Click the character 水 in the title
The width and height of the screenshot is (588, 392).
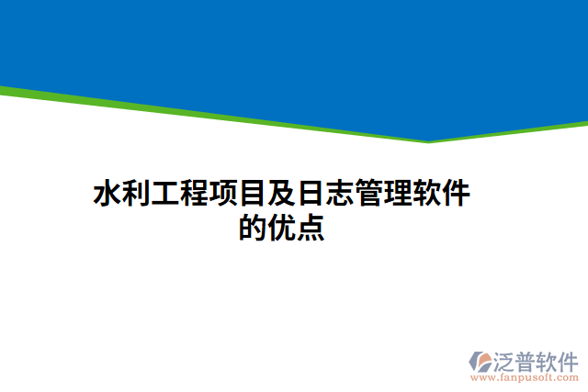(107, 195)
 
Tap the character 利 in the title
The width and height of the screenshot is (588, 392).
(136, 195)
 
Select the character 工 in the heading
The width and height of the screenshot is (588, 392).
(165, 195)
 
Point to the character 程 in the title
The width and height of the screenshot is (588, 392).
(195, 195)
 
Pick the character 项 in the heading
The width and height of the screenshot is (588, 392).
(224, 195)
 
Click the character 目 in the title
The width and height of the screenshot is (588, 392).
(253, 195)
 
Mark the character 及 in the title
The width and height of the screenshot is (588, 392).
(281, 195)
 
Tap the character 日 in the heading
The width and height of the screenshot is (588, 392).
(311, 195)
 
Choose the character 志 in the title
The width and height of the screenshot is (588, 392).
(340, 195)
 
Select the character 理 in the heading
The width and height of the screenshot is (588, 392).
(398, 195)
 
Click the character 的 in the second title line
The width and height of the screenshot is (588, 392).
(253, 228)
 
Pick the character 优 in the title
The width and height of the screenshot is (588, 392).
(281, 228)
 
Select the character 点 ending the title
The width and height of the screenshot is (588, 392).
(311, 228)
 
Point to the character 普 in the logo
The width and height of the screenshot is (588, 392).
(530, 359)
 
